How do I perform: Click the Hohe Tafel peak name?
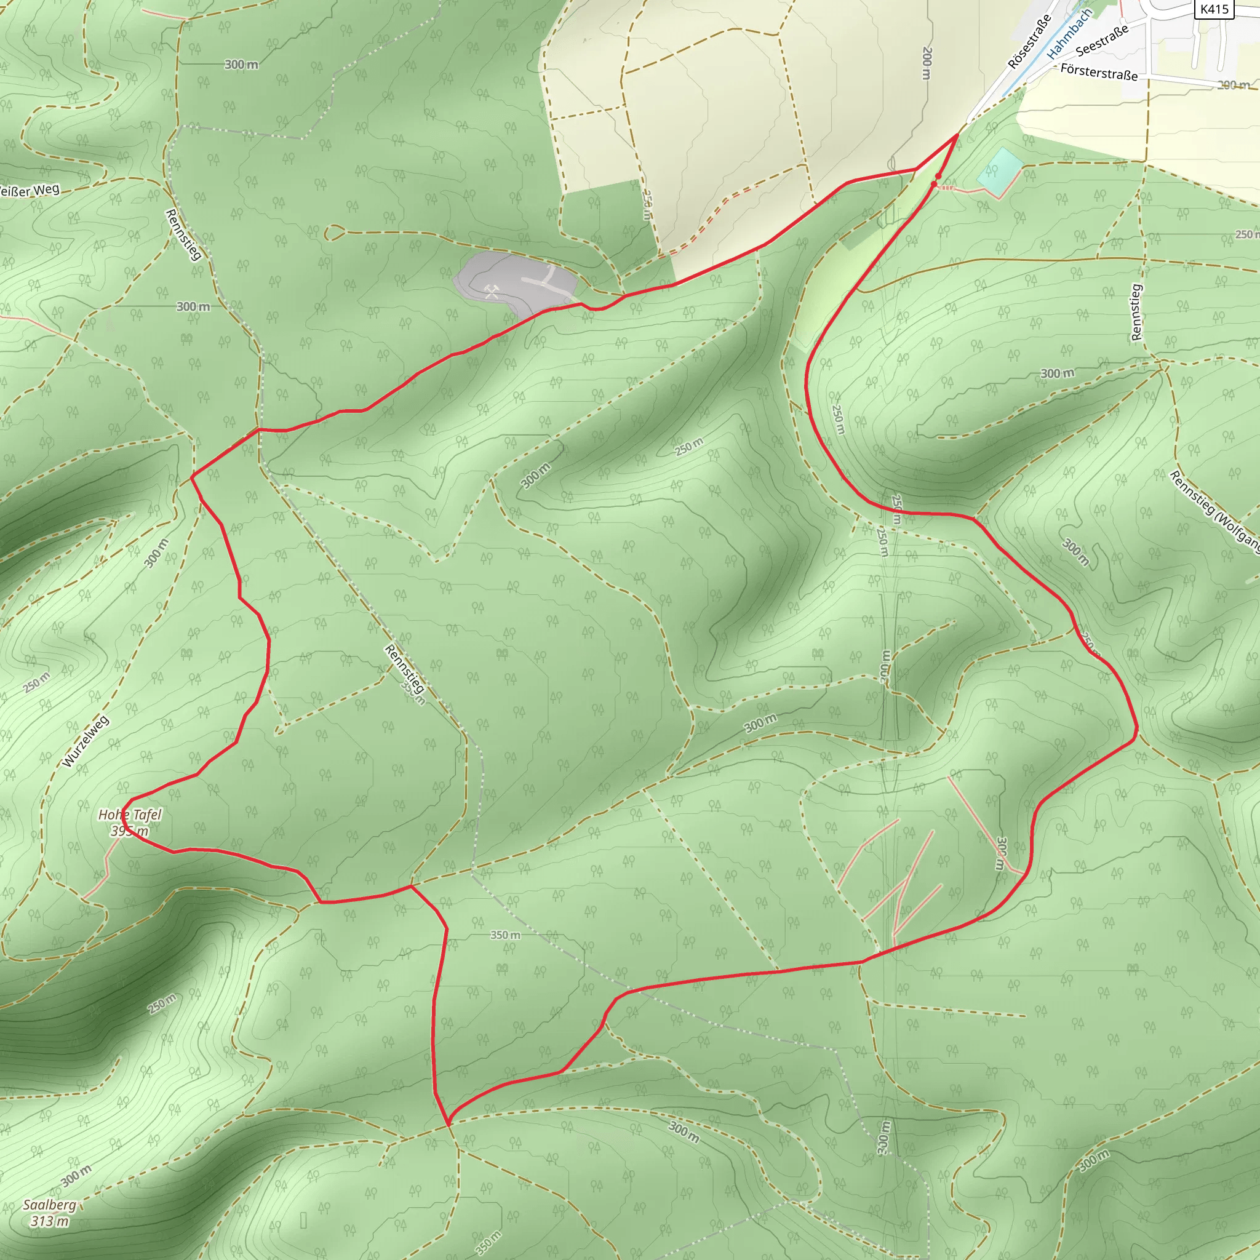[x=130, y=815]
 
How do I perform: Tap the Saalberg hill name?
[x=50, y=1205]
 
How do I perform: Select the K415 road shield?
[x=1214, y=9]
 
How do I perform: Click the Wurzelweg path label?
[x=86, y=741]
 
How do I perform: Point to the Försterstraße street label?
[x=1099, y=72]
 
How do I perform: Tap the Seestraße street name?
[x=1101, y=41]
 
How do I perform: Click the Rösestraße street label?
[x=1029, y=42]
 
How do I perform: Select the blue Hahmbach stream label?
[x=1069, y=34]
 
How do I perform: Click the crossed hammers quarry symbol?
[x=492, y=292]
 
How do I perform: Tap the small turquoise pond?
[x=999, y=171]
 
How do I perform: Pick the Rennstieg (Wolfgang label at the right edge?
[x=1214, y=512]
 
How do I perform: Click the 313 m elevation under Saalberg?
[x=50, y=1221]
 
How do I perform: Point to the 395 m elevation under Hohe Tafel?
[x=130, y=831]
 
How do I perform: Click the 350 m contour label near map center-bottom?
[x=506, y=935]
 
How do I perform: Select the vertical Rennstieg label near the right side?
[x=1137, y=312]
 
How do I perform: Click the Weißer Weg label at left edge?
[x=30, y=191]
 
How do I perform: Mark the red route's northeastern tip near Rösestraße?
[x=957, y=134]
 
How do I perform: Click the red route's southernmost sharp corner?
[x=449, y=1125]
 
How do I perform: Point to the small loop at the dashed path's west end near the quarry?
[x=333, y=232]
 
